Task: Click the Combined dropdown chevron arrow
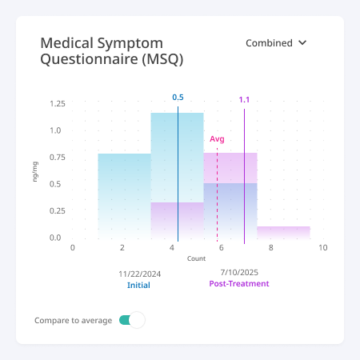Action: [x=302, y=42]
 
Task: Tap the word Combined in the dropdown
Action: [x=269, y=43]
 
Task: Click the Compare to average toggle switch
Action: [x=132, y=320]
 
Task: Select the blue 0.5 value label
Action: [x=178, y=98]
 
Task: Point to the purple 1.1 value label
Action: [x=244, y=100]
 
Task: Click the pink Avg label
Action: [x=217, y=139]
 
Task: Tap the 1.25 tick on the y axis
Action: [x=58, y=103]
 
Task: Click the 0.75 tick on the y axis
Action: [x=58, y=158]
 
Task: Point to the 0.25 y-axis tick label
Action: [x=58, y=211]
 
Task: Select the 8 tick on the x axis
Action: [x=271, y=248]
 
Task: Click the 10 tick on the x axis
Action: [x=323, y=248]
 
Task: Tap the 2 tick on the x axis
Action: [x=122, y=248]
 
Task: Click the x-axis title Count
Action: [x=196, y=258]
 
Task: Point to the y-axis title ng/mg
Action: [x=35, y=172]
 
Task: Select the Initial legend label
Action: [x=138, y=285]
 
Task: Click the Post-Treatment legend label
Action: [x=239, y=283]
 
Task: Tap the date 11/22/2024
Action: [x=140, y=274]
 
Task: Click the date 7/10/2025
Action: [x=239, y=272]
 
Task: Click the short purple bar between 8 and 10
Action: [x=284, y=233]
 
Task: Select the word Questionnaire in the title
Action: [x=89, y=59]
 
